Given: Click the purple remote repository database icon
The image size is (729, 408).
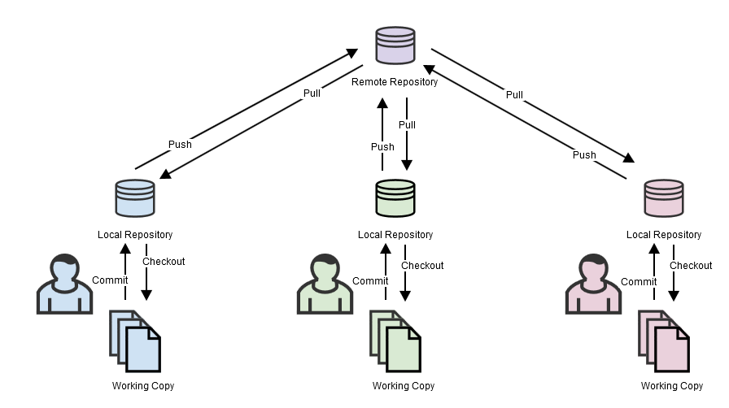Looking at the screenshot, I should (x=395, y=46).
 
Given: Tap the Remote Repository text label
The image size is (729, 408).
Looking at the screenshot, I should (x=395, y=82).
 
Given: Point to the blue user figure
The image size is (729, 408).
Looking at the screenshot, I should (x=62, y=284).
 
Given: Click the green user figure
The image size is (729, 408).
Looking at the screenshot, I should (x=323, y=284).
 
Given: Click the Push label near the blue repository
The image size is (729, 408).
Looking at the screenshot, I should (x=180, y=145).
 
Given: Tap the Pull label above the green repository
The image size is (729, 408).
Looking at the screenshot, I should (x=407, y=125).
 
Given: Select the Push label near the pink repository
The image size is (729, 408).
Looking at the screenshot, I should (x=583, y=154).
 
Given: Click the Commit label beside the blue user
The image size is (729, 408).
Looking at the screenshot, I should (x=110, y=280).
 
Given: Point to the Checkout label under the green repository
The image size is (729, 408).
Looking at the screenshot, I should (x=422, y=266).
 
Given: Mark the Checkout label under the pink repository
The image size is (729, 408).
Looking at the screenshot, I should (x=691, y=266).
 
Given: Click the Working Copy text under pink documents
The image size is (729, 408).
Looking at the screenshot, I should (x=672, y=386).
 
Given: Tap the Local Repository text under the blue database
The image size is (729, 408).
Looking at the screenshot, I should (x=135, y=235).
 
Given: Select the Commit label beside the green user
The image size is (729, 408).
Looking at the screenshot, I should (x=370, y=281).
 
